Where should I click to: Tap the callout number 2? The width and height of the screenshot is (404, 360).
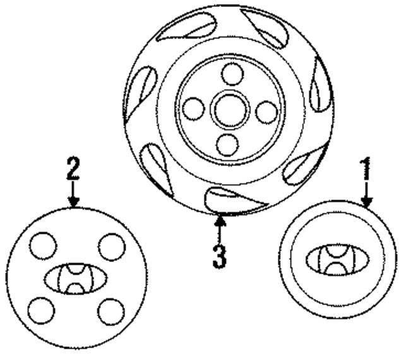click(73, 169)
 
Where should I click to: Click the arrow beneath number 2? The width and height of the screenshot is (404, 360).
click(73, 194)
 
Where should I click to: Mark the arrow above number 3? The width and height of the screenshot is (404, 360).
click(219, 225)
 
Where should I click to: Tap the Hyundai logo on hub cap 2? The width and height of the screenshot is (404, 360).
click(76, 279)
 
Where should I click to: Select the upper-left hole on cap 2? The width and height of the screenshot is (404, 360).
click(43, 246)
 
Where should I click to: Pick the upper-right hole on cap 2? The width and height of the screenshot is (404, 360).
click(111, 246)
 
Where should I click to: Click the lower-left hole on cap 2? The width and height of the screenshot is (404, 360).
click(41, 310)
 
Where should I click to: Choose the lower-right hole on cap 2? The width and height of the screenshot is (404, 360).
click(112, 310)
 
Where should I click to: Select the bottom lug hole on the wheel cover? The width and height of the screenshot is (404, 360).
click(227, 144)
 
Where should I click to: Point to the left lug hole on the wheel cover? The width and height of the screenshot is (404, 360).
click(194, 109)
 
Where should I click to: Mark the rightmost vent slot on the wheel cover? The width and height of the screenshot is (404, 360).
click(321, 90)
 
